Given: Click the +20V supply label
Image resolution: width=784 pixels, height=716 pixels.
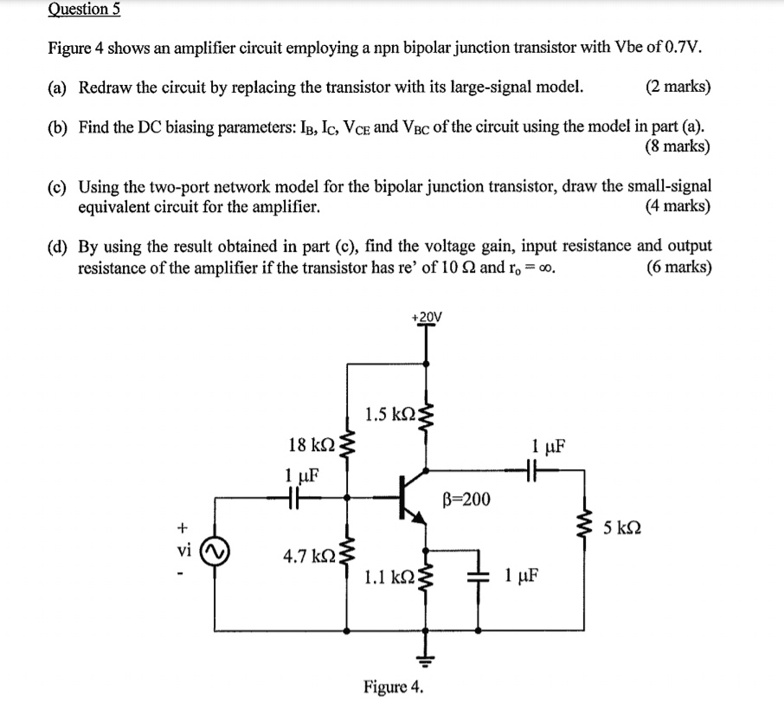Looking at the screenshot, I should click(427, 317).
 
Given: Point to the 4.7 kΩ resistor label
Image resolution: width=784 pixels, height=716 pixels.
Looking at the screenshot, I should click(307, 555).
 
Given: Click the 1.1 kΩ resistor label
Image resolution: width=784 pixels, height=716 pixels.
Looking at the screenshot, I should click(389, 576).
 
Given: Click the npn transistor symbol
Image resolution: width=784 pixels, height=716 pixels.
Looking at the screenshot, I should click(412, 498).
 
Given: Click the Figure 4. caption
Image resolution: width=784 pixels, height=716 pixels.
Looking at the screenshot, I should click(394, 687).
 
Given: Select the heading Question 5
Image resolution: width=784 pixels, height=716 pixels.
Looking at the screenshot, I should click(84, 10).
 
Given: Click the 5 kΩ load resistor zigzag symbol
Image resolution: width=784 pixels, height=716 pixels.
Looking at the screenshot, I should click(586, 526).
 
